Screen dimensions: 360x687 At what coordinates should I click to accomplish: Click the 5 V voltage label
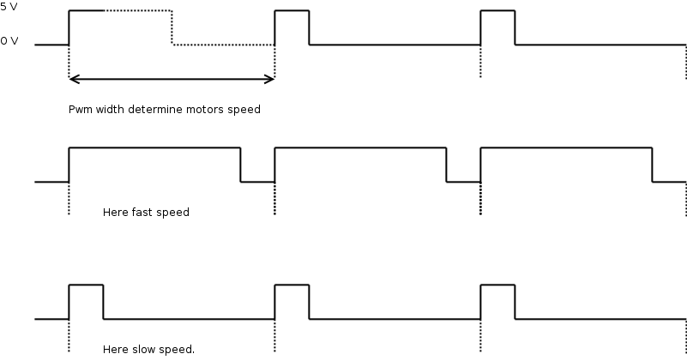pos(9,6)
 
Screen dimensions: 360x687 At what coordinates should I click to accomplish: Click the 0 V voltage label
pos(9,40)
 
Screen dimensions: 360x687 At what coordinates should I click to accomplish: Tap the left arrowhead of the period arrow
pos(74,79)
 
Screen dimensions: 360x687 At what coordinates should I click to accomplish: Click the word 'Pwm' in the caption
pos(80,110)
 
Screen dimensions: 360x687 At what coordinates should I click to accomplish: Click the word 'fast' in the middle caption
pos(143,213)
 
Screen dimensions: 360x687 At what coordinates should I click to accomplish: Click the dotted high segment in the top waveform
pos(137,10)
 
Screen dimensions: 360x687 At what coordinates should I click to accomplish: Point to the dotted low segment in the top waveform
pos(223,45)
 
